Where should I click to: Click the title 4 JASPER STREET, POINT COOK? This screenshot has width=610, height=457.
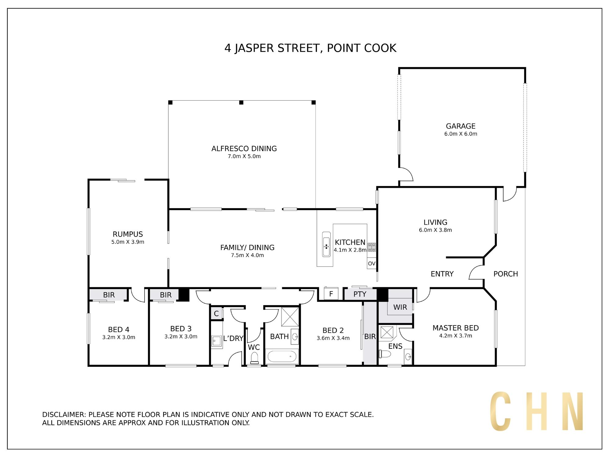[x=310, y=48]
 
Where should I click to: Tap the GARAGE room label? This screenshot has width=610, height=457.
[x=461, y=126]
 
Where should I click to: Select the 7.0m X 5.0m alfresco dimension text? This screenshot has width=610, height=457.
[x=244, y=156]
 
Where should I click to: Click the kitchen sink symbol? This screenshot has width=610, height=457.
[x=326, y=244]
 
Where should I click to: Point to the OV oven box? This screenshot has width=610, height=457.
[x=371, y=263]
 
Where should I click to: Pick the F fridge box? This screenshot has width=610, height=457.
[x=331, y=294]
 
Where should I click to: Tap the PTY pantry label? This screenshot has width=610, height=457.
[x=360, y=294]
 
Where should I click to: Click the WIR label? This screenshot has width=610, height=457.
[x=400, y=307]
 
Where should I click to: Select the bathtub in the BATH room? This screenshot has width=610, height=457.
[x=282, y=356]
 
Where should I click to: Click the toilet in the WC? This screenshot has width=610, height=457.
[x=254, y=358]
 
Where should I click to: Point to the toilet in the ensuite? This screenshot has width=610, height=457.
[x=385, y=354]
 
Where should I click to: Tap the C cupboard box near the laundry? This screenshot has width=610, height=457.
[x=216, y=313]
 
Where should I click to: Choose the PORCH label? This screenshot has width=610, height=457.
[x=505, y=274]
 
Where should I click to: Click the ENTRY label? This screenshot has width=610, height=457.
[x=442, y=274]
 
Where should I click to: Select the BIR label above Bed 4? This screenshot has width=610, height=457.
[x=109, y=295]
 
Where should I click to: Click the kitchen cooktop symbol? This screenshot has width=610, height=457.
[x=371, y=247]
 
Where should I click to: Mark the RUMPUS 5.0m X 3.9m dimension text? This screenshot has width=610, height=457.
[x=127, y=242]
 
